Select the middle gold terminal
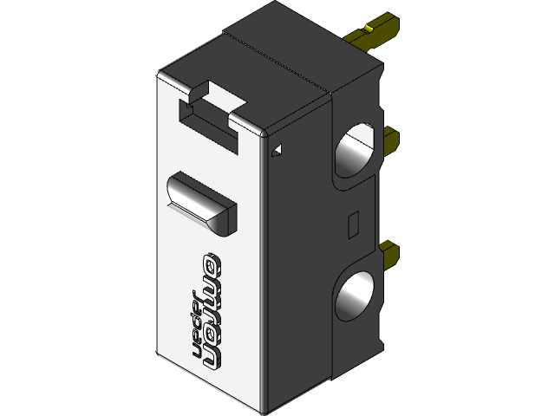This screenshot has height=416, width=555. point(389,136)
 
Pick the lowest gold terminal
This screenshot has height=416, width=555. point(389,255)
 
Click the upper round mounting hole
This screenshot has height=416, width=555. point(355,152)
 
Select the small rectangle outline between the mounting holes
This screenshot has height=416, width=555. point(352,224)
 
